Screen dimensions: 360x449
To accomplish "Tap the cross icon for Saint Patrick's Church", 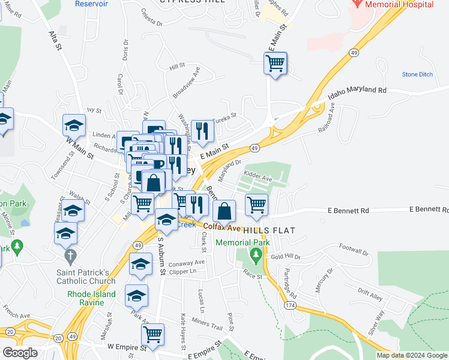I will pos(71,256).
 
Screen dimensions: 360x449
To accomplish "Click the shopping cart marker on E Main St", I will pos(276,63).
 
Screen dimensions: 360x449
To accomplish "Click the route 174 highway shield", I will pos(289,306).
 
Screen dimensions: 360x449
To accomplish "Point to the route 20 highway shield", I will pos(9,331).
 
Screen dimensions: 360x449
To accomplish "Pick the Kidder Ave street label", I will pos(258,178).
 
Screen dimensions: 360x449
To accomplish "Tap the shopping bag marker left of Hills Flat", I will pos(224,211).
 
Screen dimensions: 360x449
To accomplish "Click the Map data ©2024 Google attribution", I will pos(411,355).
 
